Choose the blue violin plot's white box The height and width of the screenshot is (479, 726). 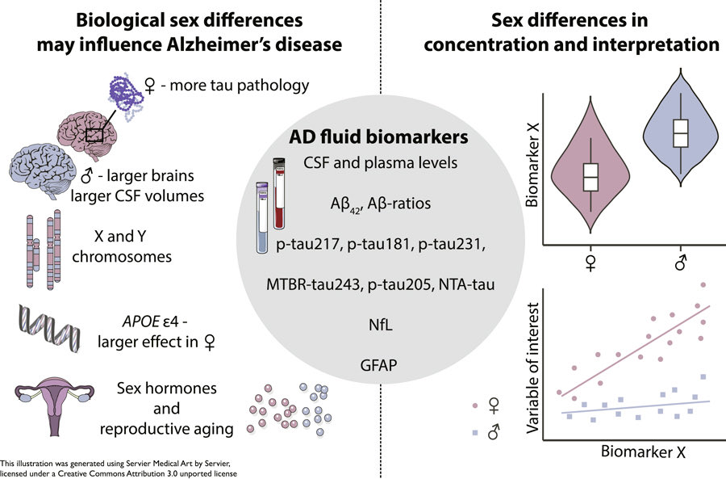pos(681,132)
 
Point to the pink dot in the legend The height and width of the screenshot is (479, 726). pos(474,404)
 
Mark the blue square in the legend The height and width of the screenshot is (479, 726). pos(474,434)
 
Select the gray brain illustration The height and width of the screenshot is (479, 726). pos(41,169)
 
